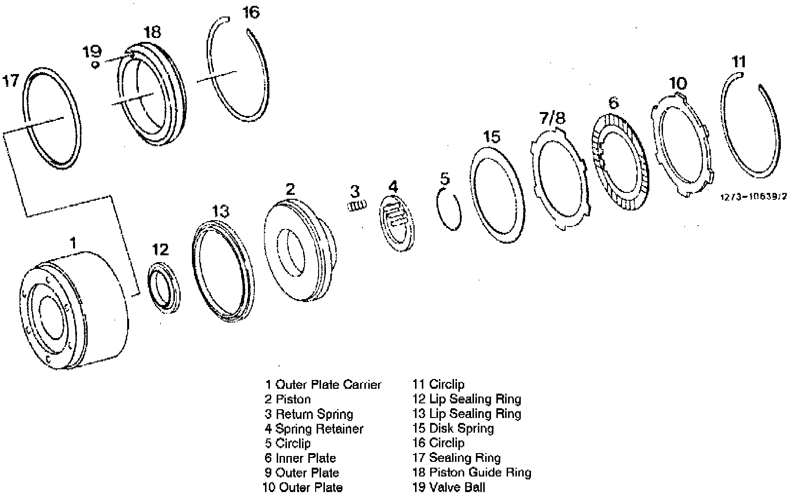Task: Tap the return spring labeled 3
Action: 358,206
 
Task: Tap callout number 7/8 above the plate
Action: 552,118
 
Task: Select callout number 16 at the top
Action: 251,12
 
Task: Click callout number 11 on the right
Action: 739,62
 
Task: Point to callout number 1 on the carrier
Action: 73,243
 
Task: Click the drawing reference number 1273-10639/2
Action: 754,197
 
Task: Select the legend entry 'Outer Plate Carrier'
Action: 322,385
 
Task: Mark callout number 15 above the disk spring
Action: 492,137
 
